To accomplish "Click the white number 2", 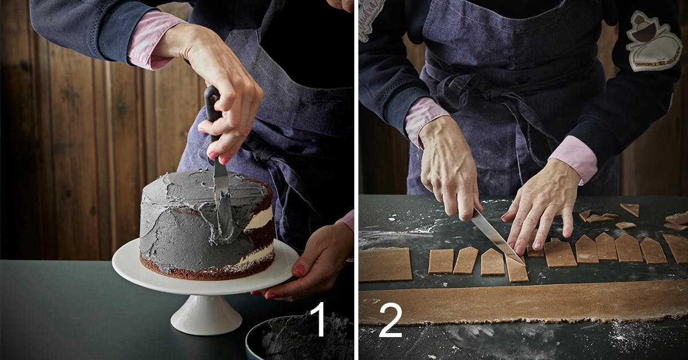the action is pyautogui.click(x=391, y=320).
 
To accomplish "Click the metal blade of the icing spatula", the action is pyautogui.click(x=222, y=185).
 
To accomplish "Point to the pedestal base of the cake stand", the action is pyautogui.click(x=206, y=314).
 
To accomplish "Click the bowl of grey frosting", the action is pyautogui.click(x=299, y=338).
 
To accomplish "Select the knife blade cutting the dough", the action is pyautogui.click(x=498, y=237).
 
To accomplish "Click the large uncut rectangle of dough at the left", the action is pyautogui.click(x=385, y=264).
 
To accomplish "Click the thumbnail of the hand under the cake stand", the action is pyautogui.click(x=299, y=269).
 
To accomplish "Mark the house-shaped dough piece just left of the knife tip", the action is pyautogui.click(x=492, y=262).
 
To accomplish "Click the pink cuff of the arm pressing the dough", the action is pyautogui.click(x=575, y=158).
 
